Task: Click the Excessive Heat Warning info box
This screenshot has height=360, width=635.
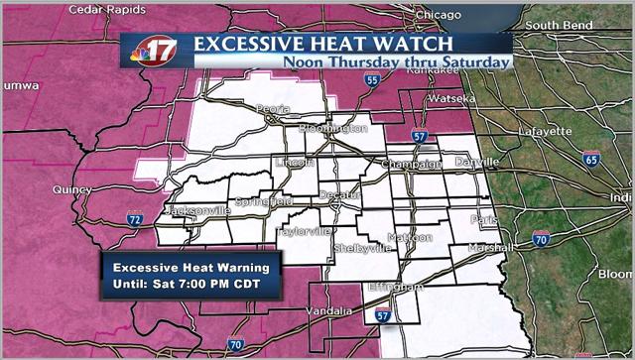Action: (x=192, y=275)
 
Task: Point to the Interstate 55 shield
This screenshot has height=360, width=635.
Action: (x=371, y=81)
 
